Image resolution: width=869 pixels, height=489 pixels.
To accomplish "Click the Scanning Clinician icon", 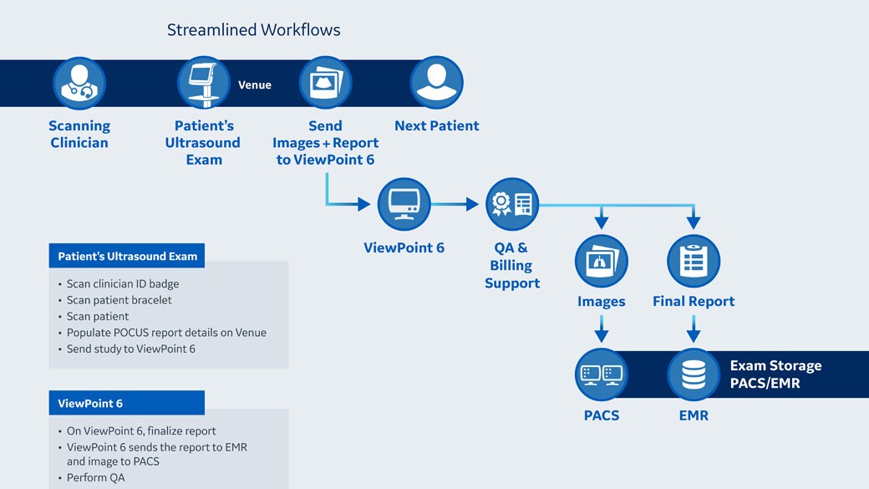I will click(79, 84).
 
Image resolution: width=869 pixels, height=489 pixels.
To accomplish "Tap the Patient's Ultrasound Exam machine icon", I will click(203, 84).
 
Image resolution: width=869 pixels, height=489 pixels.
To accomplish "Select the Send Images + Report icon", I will click(325, 84).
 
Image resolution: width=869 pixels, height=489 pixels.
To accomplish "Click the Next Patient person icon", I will click(436, 84).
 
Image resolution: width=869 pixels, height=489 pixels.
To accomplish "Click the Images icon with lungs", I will click(602, 261).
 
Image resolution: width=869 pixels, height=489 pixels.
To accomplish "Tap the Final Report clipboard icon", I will click(694, 261).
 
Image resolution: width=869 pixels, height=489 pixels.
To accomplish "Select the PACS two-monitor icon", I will click(602, 374).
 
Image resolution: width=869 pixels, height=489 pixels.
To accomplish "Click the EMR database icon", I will click(694, 374).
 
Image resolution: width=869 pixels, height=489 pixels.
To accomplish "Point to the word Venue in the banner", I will click(255, 85).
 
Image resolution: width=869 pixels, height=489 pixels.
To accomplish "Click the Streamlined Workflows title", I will click(254, 30).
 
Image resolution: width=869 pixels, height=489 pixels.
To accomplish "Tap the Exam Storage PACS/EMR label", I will click(775, 374).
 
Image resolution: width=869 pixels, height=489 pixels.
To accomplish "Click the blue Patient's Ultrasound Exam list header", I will click(127, 256).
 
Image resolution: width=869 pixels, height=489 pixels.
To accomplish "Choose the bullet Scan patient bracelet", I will click(119, 300).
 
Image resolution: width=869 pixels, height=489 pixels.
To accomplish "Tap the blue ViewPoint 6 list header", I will click(127, 403).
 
